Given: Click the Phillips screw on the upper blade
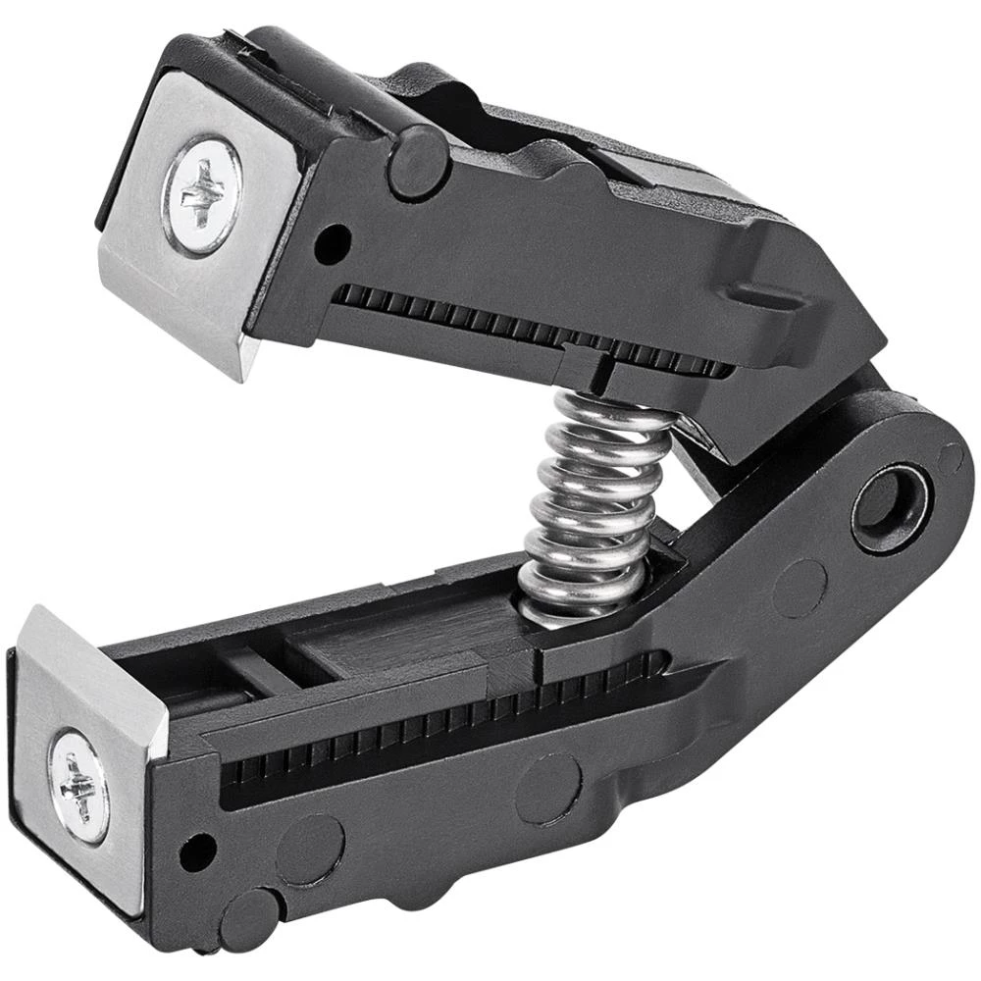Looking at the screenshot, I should (202, 194).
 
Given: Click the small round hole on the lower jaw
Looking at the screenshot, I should (198, 850).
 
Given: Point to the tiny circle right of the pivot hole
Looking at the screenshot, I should (950, 457).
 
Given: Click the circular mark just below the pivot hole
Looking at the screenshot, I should (800, 587).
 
